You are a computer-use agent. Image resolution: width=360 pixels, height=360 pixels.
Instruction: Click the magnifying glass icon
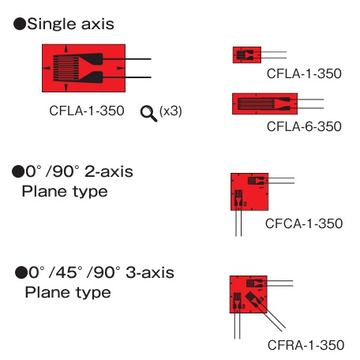coord(148,114)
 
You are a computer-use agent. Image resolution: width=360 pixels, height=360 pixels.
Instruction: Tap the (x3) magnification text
coord(171,111)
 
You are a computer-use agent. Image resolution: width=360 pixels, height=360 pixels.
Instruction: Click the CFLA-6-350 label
coord(304,126)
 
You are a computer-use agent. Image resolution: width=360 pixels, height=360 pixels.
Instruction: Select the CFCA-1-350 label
coord(304,223)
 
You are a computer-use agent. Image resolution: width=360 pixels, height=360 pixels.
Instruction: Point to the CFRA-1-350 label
coord(306,345)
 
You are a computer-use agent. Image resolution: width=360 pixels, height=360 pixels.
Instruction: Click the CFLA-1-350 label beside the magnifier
coord(87,111)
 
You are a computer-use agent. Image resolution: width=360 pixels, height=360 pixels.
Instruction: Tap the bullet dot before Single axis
coord(20,24)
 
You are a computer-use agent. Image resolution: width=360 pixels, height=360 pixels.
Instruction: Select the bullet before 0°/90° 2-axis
coord(18,171)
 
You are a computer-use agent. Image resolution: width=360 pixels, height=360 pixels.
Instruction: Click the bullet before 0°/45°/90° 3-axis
coord(21,272)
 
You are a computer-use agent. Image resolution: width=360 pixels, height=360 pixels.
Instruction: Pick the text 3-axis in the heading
coord(150,272)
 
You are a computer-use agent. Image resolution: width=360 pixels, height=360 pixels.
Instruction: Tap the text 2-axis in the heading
coord(109,171)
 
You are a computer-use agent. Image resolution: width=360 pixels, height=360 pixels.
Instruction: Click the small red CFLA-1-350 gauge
coord(247,55)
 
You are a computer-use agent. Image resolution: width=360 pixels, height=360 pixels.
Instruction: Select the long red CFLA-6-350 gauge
coord(264,103)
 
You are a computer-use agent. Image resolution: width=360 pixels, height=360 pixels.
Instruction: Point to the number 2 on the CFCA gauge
coord(245,204)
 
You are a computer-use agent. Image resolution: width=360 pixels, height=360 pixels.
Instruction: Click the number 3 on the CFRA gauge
coord(261,299)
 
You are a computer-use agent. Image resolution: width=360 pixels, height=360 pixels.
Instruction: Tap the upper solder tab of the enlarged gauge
coord(93,59)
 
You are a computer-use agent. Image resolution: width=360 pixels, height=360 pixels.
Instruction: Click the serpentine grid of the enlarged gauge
coord(66,68)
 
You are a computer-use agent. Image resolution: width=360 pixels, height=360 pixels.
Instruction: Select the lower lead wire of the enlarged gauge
coord(126,77)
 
